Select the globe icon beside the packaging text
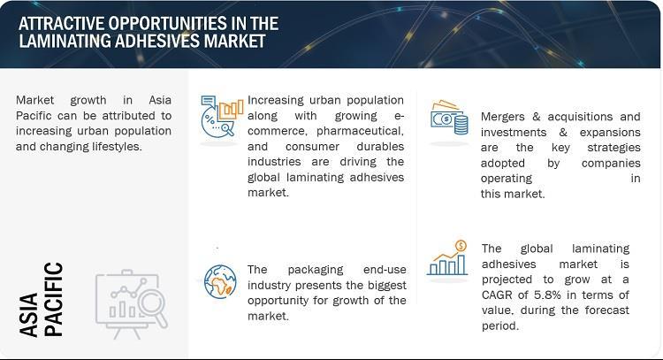pyautogui.click(x=220, y=281)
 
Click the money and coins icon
pyautogui.click(x=449, y=118)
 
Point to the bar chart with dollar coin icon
pyautogui.click(x=447, y=258)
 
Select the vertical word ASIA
pyautogui.click(x=29, y=315)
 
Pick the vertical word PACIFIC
pyautogui.click(x=54, y=300)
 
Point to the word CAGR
pyautogui.click(x=497, y=295)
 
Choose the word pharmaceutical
pyautogui.click(x=360, y=131)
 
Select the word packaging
pyautogui.click(x=316, y=270)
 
